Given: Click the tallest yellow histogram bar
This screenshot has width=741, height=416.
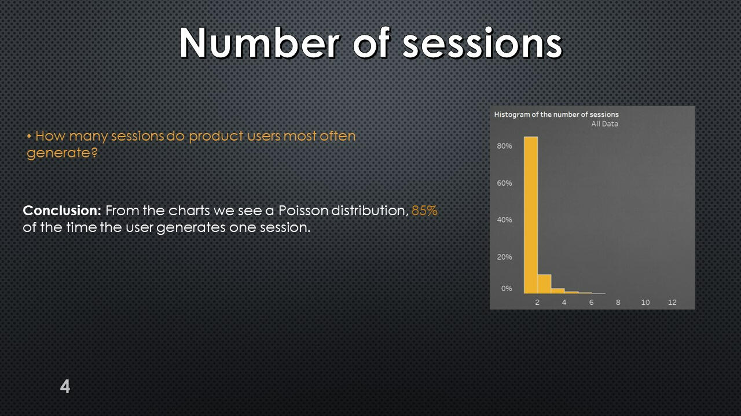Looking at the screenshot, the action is pos(531,215).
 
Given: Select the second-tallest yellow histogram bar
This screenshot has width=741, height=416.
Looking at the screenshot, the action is pos(545,284).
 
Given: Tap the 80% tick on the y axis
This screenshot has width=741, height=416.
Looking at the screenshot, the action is pos(504,146).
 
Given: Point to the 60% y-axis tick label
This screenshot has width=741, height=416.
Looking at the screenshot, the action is pos(504,183).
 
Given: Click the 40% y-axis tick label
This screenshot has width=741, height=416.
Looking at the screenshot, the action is pos(504,220).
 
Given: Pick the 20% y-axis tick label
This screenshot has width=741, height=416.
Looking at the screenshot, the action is pos(504,257).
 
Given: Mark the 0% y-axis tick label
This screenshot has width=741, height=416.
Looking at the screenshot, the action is pos(507,288).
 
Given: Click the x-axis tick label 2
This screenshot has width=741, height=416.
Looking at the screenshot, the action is pos(537,302).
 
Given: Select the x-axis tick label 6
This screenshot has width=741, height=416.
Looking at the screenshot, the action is pos(591,302).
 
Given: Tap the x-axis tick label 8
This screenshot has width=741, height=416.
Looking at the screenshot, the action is pos(618,302).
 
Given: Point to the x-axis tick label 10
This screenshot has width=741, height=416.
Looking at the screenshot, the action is pos(645,302).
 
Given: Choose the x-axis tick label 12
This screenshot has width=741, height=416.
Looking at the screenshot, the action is pos(672,302).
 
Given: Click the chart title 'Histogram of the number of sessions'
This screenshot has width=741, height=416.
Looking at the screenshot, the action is pos(556,115).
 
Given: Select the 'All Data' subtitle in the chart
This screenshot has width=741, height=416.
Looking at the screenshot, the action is pos(605,124).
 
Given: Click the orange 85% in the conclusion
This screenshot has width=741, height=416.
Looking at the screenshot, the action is pos(424,211).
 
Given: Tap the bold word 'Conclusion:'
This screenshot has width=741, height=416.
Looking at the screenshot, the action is pos(62,211).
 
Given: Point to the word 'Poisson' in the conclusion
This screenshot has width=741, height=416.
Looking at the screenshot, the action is pos(303,211).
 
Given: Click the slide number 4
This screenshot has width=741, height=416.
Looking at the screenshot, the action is pos(65,386).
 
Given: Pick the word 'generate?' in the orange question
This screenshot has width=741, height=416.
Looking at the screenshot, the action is pos(62,153).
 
